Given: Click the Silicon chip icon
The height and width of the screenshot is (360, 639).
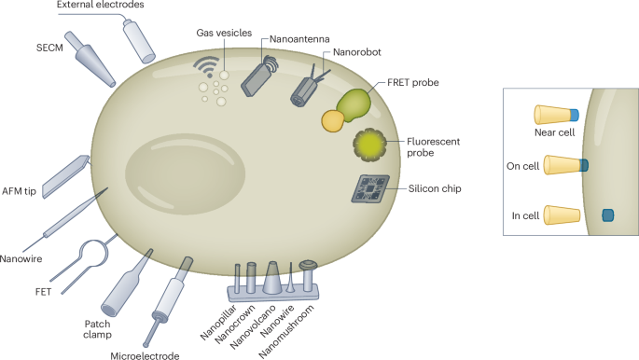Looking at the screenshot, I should (372, 190).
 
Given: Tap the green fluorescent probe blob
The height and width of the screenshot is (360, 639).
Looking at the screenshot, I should (369, 144).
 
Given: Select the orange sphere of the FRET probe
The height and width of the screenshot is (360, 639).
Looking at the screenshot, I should (332, 120).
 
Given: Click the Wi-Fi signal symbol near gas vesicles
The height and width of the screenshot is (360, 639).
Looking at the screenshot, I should (205, 65).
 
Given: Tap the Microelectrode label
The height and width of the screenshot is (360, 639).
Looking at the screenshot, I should (145, 353).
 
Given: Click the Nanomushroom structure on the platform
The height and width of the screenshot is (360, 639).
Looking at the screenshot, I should (308, 272).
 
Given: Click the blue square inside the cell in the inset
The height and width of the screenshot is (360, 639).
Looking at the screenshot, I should (607, 215).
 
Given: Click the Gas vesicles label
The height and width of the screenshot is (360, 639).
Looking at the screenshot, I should (224, 33).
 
